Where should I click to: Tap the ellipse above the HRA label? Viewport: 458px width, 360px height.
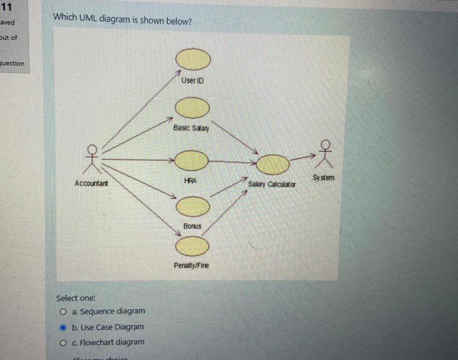click(191, 160)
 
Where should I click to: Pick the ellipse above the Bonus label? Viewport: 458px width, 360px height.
click(192, 206)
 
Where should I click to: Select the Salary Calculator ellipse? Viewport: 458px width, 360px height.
click(273, 164)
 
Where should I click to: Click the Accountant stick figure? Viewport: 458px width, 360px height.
click(92, 159)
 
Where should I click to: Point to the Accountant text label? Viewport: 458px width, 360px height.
click(92, 183)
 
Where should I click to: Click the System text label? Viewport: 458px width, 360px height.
click(324, 178)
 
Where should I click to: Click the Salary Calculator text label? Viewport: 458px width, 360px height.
click(272, 185)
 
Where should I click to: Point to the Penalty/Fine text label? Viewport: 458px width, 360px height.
click(192, 266)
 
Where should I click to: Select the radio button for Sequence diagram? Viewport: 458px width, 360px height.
click(64, 312)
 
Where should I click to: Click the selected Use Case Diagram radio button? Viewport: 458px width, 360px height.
click(64, 327)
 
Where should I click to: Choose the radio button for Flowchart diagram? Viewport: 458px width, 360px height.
click(64, 342)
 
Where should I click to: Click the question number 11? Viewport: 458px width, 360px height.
click(6, 7)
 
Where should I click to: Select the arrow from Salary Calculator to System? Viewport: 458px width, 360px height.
click(302, 157)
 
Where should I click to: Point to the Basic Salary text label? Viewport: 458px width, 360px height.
click(191, 128)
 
